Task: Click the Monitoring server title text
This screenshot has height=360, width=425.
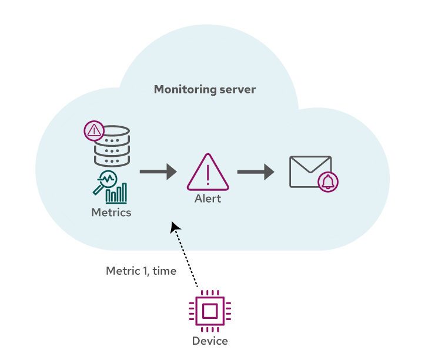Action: click(205, 90)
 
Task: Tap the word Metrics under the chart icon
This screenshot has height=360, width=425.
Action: click(111, 212)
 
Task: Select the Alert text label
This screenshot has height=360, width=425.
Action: click(208, 198)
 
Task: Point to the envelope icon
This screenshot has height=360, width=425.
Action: click(310, 171)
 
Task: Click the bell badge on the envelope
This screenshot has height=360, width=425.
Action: click(328, 182)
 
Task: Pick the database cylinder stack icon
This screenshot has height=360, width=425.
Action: click(112, 146)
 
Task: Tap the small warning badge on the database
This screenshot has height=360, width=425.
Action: click(93, 130)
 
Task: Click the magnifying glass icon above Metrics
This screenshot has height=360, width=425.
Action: click(105, 183)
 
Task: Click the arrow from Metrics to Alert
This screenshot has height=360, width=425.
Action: click(158, 171)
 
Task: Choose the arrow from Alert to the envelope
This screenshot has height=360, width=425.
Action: click(256, 171)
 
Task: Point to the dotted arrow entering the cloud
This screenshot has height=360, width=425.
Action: click(179, 237)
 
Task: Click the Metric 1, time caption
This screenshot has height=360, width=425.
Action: click(141, 271)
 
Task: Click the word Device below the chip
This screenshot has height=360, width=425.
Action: click(210, 341)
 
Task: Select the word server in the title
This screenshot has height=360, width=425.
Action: click(237, 90)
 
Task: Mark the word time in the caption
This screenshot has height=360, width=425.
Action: click(165, 271)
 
